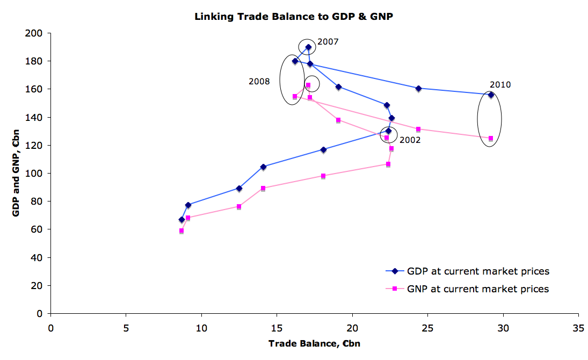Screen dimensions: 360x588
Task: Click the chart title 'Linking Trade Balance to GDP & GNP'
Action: click(x=294, y=17)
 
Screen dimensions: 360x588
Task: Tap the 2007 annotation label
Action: click(x=328, y=41)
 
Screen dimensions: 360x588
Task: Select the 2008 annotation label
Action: click(x=259, y=81)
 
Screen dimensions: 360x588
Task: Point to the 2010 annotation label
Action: click(x=500, y=84)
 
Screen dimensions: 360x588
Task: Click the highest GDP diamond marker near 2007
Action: click(x=308, y=47)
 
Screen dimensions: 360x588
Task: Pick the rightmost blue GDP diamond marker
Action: click(x=491, y=95)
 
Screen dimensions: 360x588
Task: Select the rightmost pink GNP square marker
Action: click(x=491, y=138)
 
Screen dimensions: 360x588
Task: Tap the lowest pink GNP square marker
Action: click(x=182, y=231)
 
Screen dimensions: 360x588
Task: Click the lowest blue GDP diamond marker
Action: click(x=182, y=219)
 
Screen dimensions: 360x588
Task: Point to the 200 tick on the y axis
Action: click(x=35, y=33)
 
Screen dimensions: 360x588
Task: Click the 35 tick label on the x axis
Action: click(x=578, y=326)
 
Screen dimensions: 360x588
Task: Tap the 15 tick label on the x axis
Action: click(x=277, y=326)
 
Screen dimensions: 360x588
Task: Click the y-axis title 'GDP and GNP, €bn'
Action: click(x=16, y=173)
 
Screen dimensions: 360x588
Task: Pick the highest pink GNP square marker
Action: click(x=308, y=85)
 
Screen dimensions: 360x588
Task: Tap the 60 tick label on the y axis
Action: click(x=38, y=229)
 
